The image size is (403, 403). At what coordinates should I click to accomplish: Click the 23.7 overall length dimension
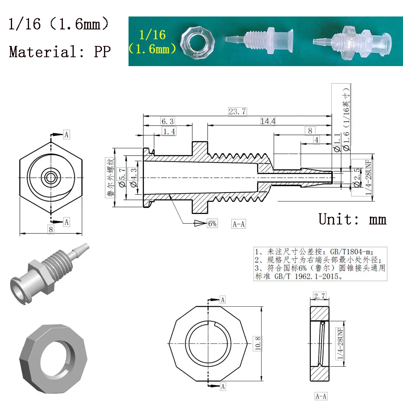(237, 112)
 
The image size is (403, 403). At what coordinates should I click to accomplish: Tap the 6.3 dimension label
(167, 121)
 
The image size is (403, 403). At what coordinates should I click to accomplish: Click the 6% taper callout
(212, 223)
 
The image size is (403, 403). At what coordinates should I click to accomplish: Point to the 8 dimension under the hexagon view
(51, 229)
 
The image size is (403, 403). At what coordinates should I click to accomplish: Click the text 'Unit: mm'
(352, 219)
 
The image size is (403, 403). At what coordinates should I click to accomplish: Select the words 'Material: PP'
(60, 52)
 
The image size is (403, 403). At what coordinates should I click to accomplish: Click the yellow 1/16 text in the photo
(153, 35)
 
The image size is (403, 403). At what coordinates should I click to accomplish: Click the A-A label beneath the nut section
(321, 396)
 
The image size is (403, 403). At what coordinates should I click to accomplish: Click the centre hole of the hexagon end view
(51, 176)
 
